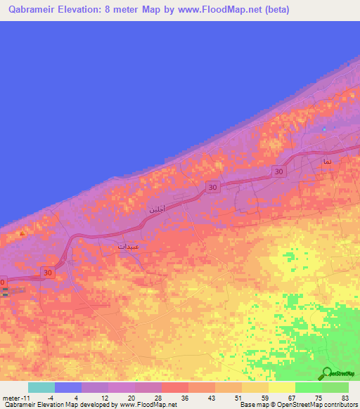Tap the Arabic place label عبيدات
[128, 247]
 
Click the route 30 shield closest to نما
[279, 171]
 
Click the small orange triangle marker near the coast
[22, 233]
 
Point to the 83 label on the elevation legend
[345, 397]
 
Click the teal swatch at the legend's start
[41, 387]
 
